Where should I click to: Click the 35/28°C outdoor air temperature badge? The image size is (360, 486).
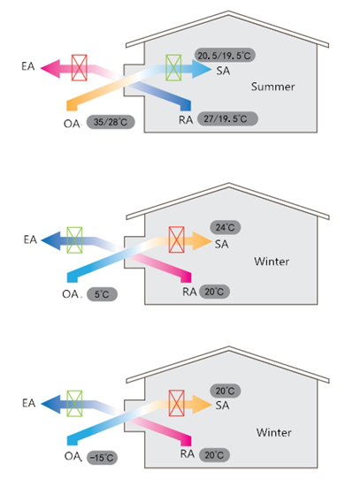111,122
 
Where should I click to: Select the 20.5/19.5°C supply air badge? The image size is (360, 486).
225,55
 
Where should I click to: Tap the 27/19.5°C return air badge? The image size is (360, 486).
227,118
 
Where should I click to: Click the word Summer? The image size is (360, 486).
272,87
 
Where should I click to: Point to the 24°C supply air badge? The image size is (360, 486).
226,227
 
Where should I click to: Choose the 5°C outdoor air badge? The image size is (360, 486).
102,294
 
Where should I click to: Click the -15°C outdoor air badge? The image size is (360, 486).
102,458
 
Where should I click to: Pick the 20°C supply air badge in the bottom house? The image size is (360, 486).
226,391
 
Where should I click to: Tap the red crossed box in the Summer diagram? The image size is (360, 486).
79,68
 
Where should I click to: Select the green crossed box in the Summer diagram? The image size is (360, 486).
173,68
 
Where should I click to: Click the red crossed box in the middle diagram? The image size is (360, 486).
177,239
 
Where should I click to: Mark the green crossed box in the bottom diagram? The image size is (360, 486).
74,404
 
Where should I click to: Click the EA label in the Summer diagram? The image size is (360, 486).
28,66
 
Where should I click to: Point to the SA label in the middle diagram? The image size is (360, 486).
222,244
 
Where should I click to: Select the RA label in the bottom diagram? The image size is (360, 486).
188,454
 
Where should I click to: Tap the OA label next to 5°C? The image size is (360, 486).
70,294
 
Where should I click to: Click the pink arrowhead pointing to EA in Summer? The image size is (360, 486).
50,68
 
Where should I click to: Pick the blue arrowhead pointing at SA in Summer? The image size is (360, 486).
202,69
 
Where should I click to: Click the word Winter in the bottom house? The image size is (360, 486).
273,432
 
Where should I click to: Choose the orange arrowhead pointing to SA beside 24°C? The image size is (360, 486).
202,240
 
